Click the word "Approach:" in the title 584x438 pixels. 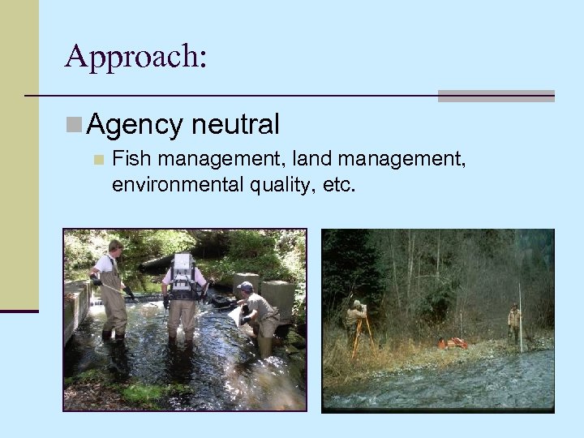coord(135,56)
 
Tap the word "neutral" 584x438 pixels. coord(236,124)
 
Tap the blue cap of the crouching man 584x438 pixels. coord(244,287)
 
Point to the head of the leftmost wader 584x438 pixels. coord(114,247)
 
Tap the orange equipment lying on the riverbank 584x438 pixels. coord(453,343)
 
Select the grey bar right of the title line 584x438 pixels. coord(496,96)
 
